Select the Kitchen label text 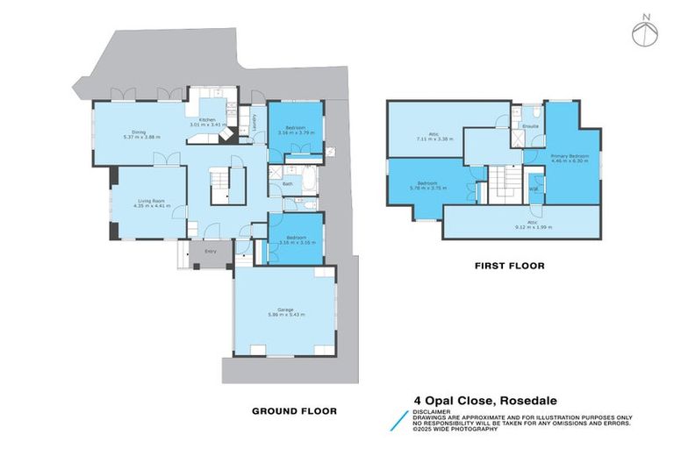207,119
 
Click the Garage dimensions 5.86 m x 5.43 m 285,313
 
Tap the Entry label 211,252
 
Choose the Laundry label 254,128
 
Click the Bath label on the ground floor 288,184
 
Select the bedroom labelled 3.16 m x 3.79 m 297,132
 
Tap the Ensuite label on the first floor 530,127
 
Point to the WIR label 534,189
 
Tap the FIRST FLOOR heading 509,265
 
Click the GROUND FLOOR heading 294,410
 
